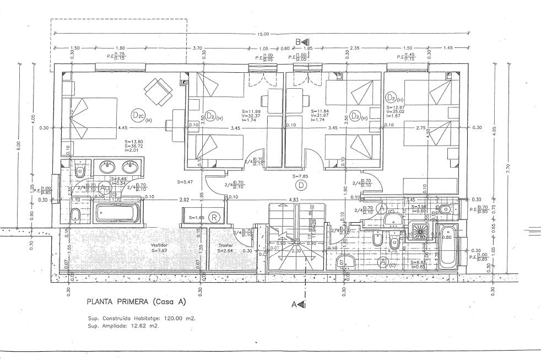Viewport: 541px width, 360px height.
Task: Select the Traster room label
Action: tap(225, 245)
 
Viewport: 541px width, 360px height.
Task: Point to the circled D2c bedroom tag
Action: tap(138, 115)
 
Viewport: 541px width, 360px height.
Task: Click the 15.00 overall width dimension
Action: tap(264, 35)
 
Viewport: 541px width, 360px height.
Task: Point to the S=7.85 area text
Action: tap(301, 176)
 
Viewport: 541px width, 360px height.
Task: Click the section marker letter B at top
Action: tap(298, 42)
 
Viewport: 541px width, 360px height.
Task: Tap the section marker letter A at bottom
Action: tap(296, 303)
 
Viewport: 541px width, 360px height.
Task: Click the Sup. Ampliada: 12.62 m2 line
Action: tap(123, 326)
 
